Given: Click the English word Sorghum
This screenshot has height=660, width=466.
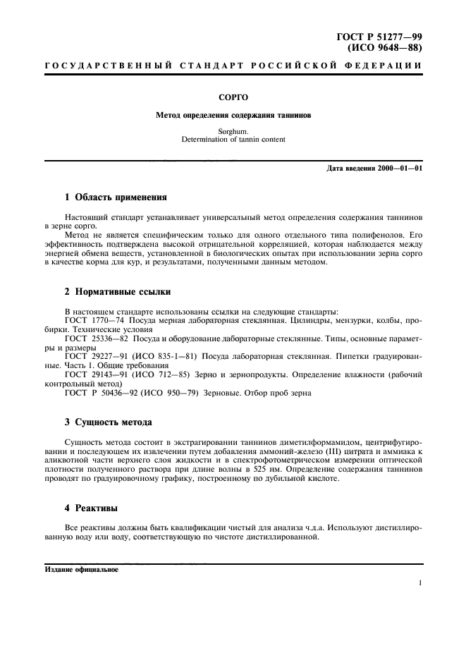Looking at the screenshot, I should tap(233, 131).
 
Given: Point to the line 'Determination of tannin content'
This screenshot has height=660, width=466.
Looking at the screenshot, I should tap(233, 139).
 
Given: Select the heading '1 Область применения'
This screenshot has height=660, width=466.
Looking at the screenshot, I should tap(115, 197).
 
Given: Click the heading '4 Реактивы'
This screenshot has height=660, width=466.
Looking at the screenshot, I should tap(91, 508).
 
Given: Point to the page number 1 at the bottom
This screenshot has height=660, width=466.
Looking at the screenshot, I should tap(419, 583).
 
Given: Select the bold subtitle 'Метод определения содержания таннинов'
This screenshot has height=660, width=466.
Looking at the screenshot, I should tap(233, 114).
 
